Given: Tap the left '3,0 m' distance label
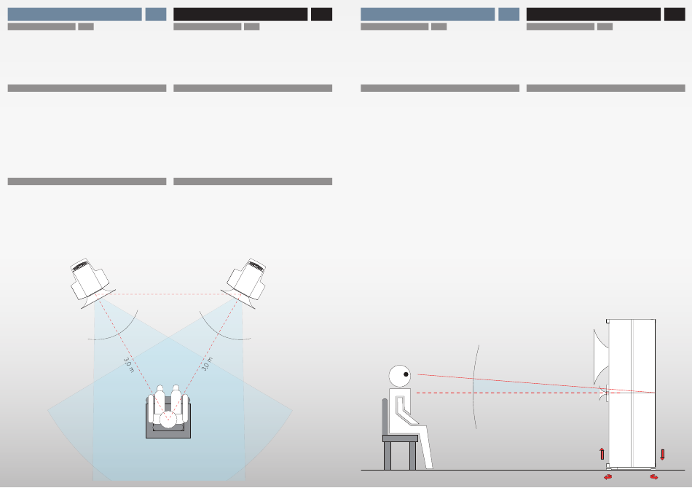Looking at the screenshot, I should point(128,365).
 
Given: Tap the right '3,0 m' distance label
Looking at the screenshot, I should point(207,364).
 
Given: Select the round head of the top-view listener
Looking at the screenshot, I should point(168,419).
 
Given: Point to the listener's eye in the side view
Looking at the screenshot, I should point(406,374).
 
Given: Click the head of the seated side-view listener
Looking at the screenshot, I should point(400,376).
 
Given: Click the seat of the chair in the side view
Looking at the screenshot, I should point(401,438).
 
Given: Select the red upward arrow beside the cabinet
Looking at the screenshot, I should point(602,454).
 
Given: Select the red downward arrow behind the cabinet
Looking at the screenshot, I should point(662,454).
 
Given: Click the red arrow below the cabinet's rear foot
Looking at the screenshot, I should point(653,477).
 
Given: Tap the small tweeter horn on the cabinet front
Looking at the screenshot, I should point(602,394).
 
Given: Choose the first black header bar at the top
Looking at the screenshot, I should point(240,14).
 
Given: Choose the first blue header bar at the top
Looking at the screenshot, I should point(74,14).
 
